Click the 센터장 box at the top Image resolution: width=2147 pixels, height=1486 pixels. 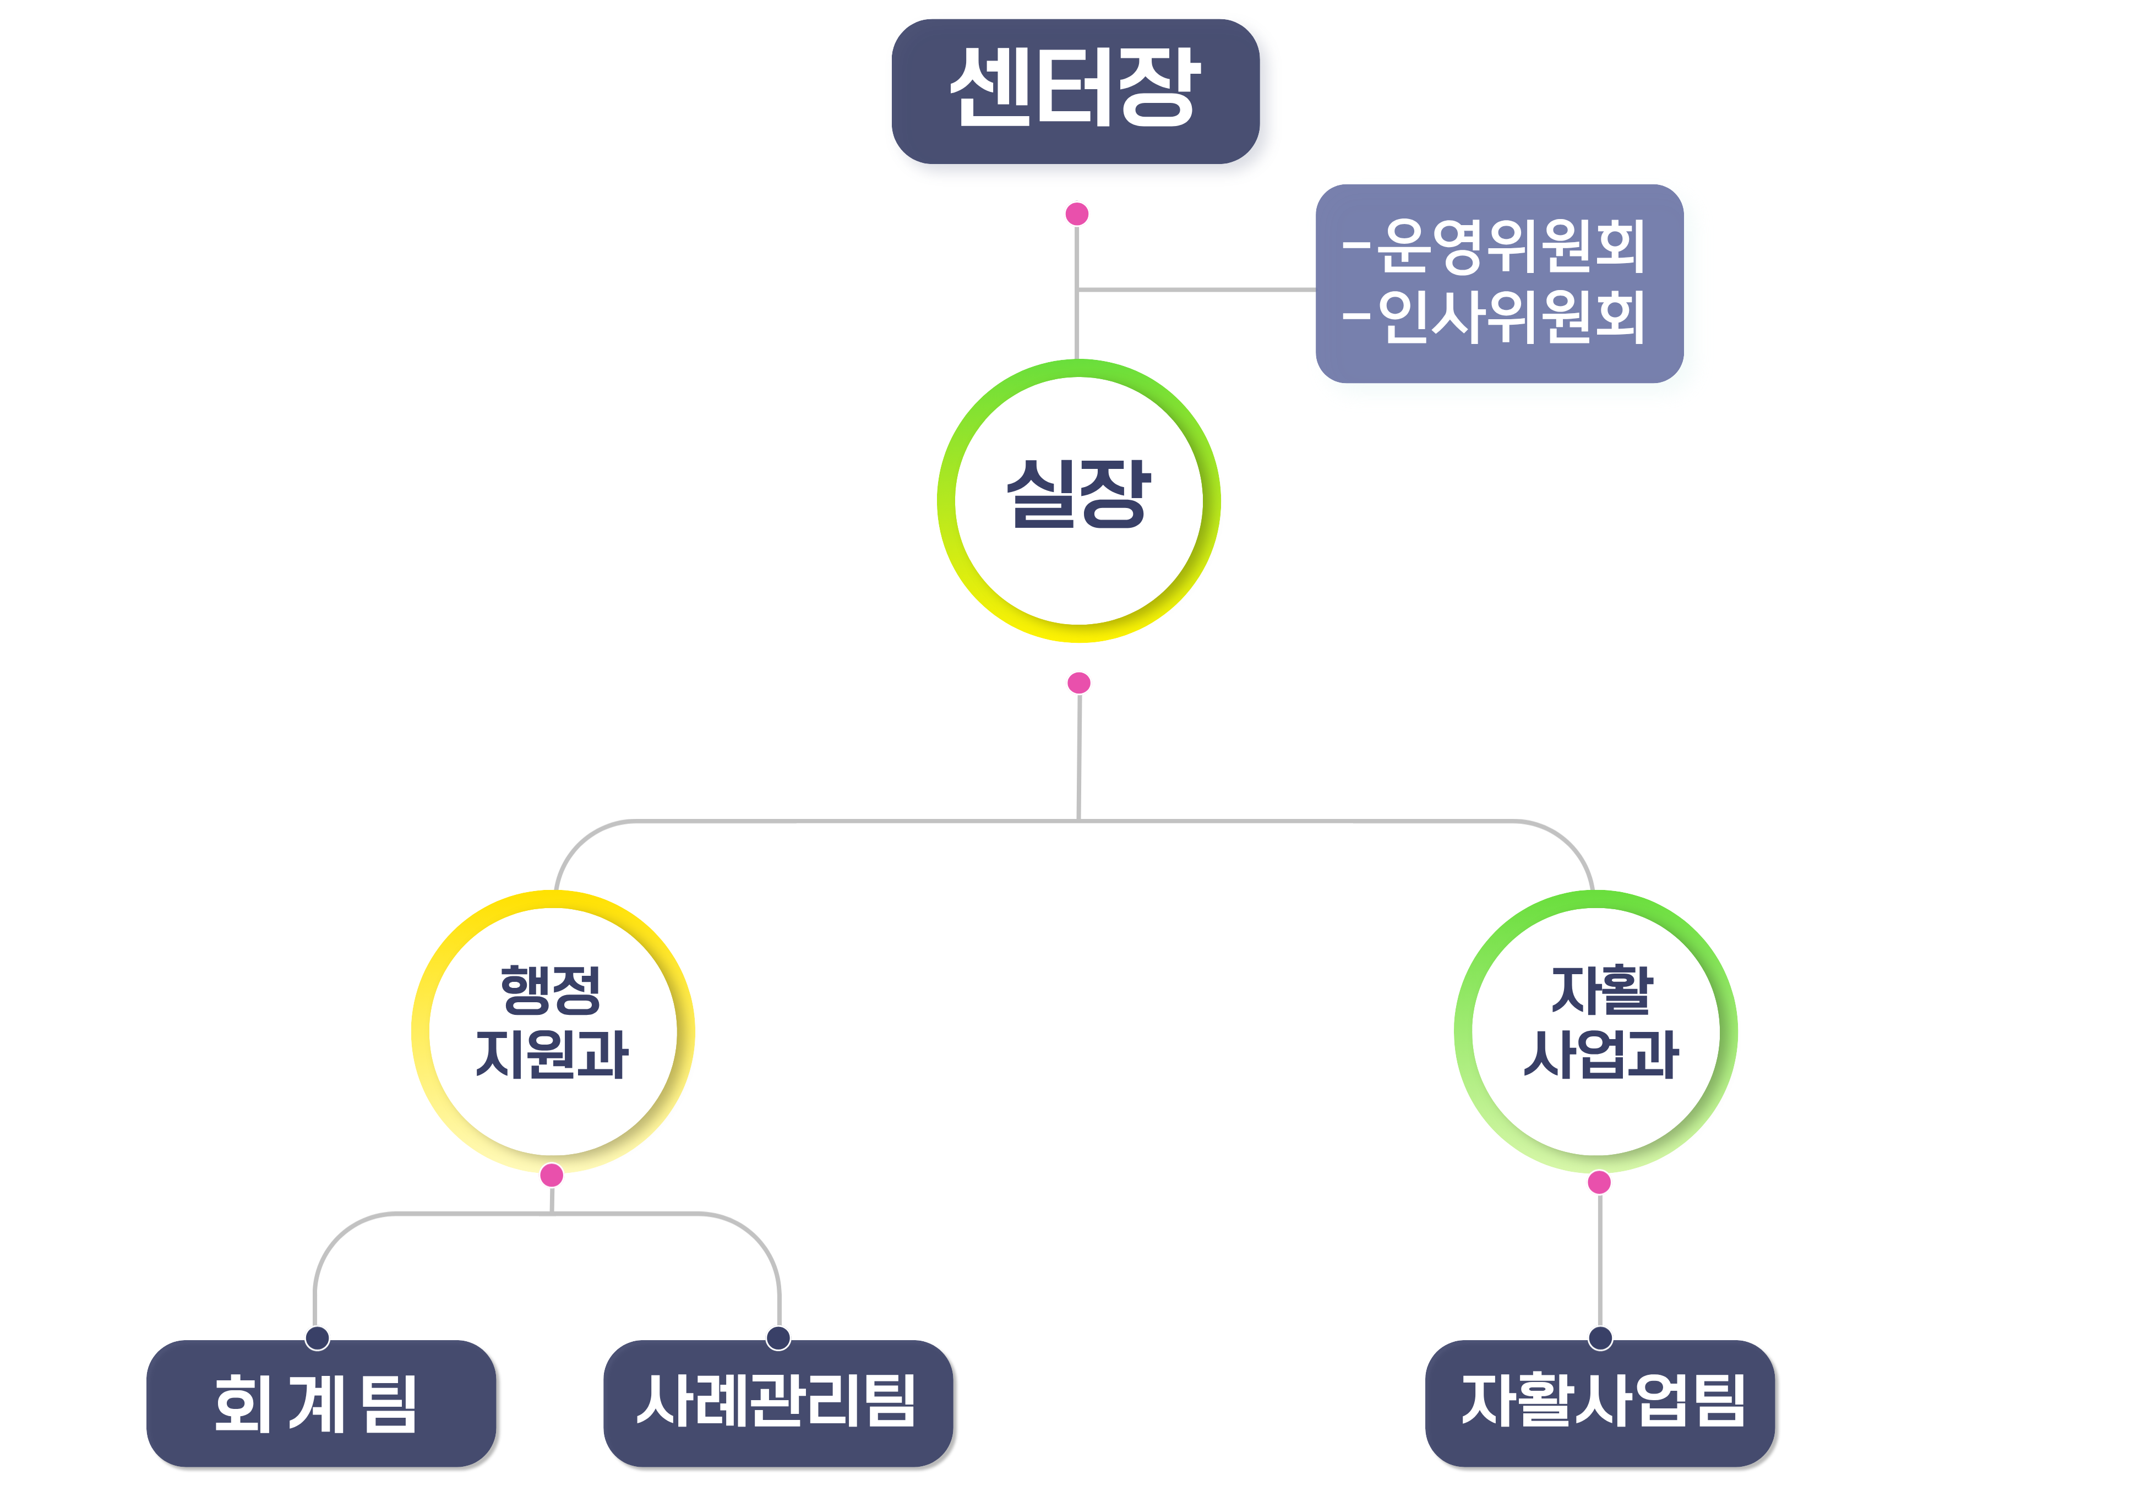click(1075, 91)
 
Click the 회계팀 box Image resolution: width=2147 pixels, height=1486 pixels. click(320, 1403)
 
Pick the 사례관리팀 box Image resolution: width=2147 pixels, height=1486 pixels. click(777, 1403)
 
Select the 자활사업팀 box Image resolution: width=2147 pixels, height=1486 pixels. click(1600, 1403)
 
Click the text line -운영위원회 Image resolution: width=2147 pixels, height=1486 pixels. click(1495, 246)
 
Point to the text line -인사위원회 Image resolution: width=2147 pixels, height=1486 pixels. click(1495, 316)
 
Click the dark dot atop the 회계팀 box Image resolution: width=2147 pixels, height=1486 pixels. click(318, 1338)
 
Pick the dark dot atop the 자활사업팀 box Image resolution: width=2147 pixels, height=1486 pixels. click(1600, 1338)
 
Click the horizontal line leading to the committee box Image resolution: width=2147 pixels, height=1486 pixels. click(1196, 289)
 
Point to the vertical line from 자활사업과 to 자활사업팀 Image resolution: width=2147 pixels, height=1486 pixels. click(1600, 1261)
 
